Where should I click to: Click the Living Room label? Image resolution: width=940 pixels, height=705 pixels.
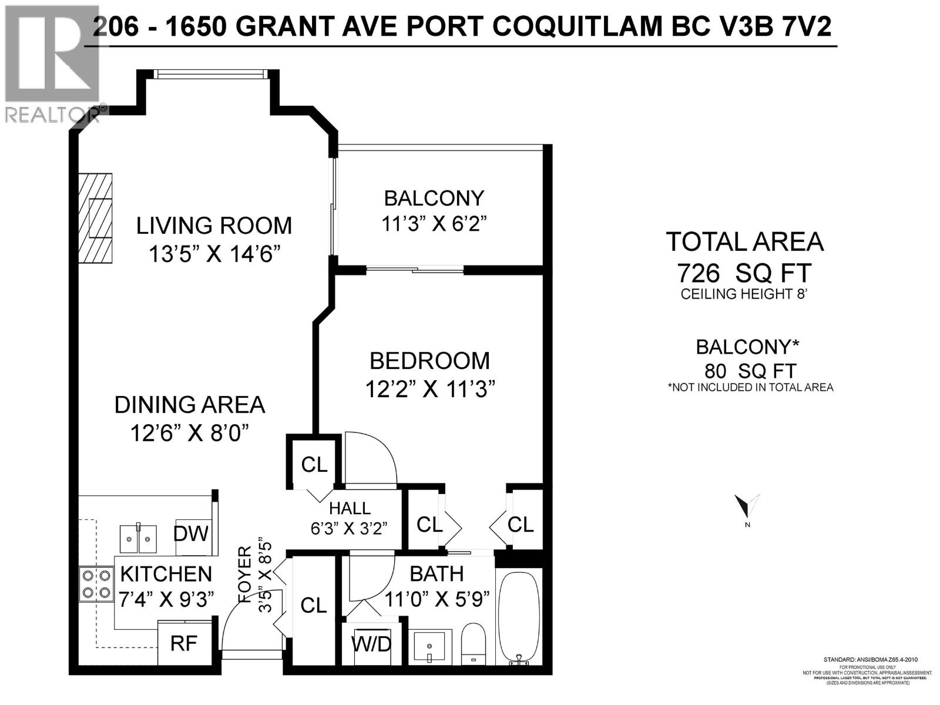click(214, 226)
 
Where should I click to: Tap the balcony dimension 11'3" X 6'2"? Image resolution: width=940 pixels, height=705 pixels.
click(435, 224)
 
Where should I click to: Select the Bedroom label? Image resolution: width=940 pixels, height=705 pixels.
click(429, 360)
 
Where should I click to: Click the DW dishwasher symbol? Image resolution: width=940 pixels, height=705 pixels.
click(192, 533)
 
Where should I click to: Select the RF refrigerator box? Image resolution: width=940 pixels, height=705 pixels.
click(184, 644)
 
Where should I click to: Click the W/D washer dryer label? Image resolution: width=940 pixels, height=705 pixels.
click(372, 644)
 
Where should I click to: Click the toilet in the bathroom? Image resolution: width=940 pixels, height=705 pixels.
click(473, 643)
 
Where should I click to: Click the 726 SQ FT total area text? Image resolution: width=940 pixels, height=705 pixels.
click(744, 273)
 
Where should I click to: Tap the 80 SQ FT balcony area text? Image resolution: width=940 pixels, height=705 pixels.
click(750, 371)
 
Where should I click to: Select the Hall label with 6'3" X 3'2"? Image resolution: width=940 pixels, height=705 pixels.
click(350, 518)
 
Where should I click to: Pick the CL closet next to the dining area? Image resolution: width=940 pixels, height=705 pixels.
click(314, 465)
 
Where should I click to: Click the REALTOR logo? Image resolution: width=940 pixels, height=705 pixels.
click(53, 65)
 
